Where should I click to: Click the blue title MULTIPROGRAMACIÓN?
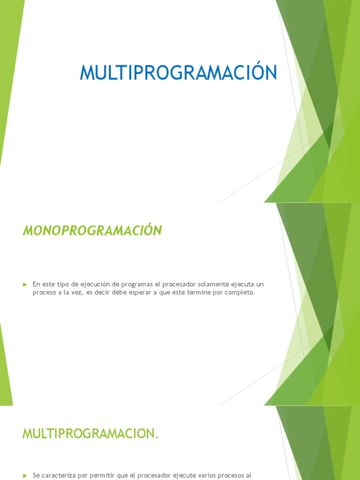pos(178,73)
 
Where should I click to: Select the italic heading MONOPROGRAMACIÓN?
pos(92,231)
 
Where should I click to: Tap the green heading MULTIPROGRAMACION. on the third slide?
pos(90,434)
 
